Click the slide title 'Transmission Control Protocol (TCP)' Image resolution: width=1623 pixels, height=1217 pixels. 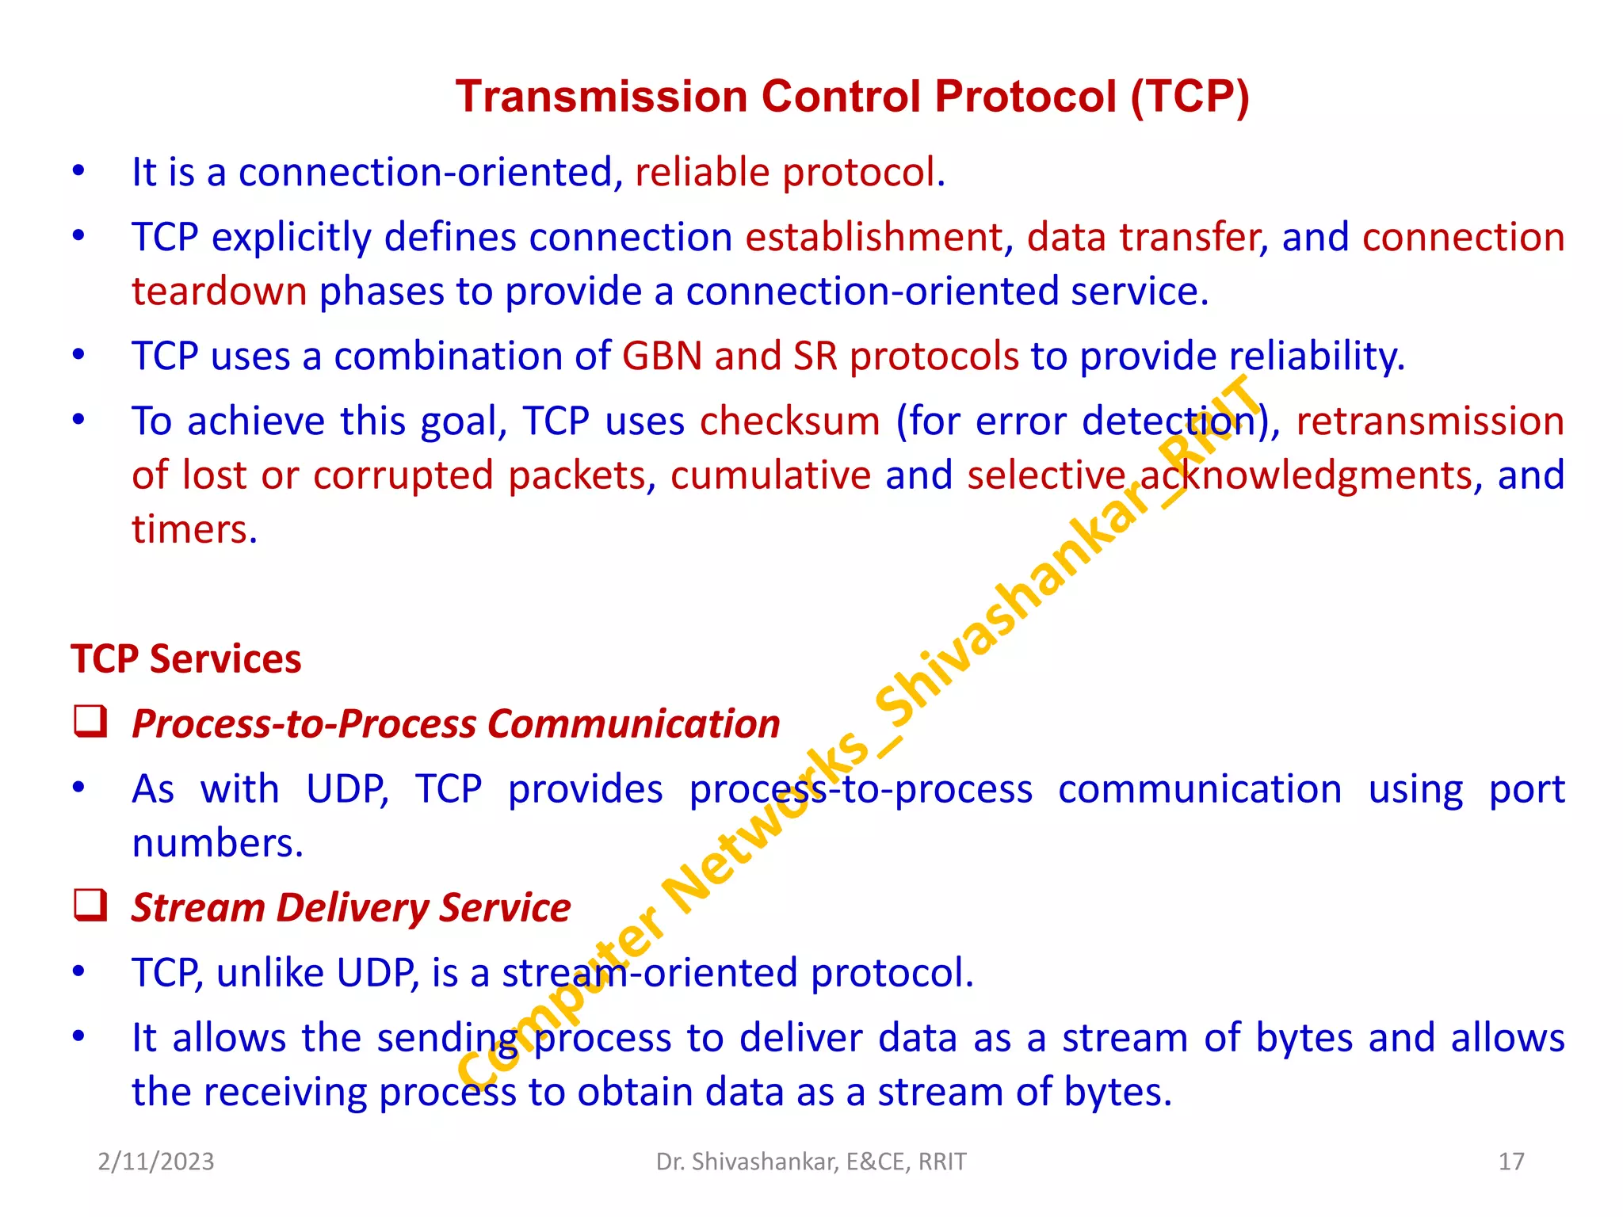[x=852, y=97]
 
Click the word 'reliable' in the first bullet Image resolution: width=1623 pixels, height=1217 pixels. [x=702, y=173]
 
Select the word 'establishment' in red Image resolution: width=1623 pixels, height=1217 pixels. [x=874, y=238]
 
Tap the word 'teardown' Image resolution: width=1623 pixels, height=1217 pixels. [x=219, y=292]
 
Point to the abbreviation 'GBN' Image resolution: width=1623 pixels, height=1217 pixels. [x=662, y=357]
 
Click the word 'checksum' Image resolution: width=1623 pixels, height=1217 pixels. [x=789, y=421]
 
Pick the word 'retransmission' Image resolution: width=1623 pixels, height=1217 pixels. [x=1430, y=421]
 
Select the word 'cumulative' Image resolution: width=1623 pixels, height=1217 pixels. [x=770, y=475]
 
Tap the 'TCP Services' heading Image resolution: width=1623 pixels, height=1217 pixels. [x=186, y=659]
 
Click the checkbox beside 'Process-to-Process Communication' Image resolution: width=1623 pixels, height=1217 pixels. [x=90, y=722]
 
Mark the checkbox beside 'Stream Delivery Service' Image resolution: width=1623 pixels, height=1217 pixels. [x=90, y=906]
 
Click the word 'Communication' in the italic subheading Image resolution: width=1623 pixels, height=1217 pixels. [x=633, y=724]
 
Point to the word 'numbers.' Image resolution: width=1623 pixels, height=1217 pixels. [x=218, y=843]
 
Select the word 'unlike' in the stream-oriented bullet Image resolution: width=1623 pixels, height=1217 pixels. [x=269, y=973]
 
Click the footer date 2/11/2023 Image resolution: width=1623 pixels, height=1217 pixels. [x=156, y=1162]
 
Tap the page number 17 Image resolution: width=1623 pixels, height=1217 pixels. [x=1511, y=1162]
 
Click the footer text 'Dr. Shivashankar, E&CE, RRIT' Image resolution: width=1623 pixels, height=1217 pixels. [x=811, y=1162]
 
